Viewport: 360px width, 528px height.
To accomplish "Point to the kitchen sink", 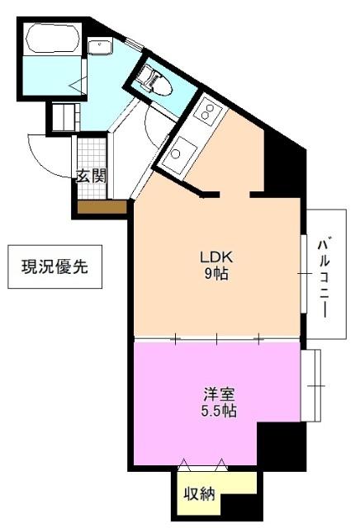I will point(177,154).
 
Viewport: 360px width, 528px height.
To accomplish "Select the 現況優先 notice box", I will point(54,266).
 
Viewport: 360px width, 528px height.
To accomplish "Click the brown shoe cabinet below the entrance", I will point(102,207).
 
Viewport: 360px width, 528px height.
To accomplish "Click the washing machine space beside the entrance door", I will point(64,116).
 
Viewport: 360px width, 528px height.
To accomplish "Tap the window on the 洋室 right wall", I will point(311,385).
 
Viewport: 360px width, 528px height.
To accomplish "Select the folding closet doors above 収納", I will point(202,463).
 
